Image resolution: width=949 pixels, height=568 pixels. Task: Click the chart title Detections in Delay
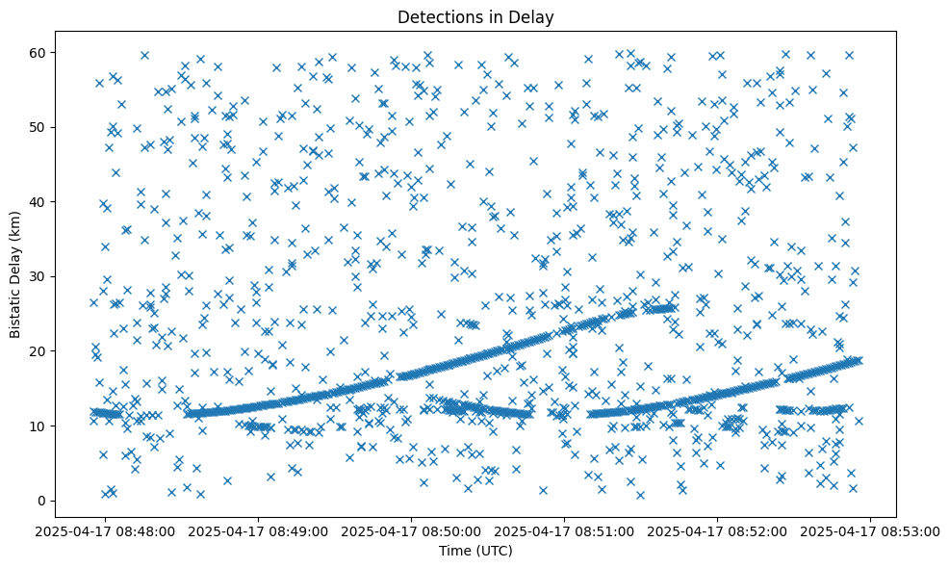click(475, 16)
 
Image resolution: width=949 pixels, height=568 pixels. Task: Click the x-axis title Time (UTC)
click(475, 551)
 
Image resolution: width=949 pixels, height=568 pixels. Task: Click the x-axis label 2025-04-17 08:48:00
click(106, 530)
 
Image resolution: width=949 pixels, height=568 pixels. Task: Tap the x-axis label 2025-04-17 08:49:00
click(259, 530)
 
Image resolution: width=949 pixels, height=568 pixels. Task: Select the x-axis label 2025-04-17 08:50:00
click(412, 530)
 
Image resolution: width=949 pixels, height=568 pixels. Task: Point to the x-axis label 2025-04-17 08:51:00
click(565, 530)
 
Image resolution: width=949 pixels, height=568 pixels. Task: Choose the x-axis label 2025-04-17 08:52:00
click(718, 530)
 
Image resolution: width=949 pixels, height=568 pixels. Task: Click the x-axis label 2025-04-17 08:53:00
click(871, 530)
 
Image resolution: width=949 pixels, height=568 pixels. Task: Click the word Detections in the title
click(439, 16)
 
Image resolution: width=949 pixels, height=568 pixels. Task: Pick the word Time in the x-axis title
click(454, 551)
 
